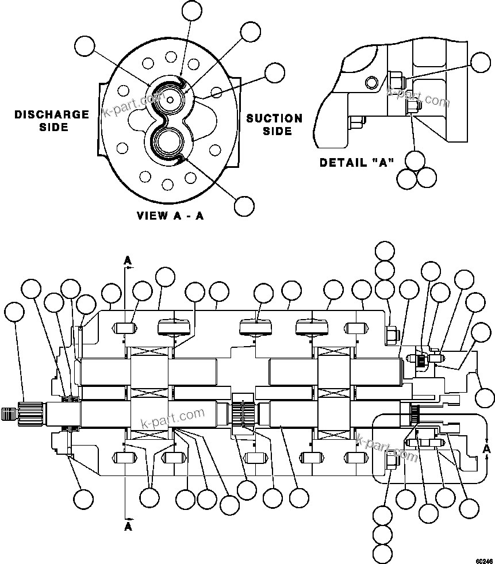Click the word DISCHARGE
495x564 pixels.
(x=52, y=114)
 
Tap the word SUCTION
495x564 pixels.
(x=274, y=118)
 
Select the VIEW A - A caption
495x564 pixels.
(x=170, y=216)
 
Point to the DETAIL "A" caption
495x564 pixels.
(x=356, y=163)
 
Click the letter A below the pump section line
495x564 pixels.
(x=128, y=526)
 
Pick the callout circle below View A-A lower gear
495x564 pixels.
(x=244, y=205)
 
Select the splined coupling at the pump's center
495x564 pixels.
(x=244, y=414)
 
